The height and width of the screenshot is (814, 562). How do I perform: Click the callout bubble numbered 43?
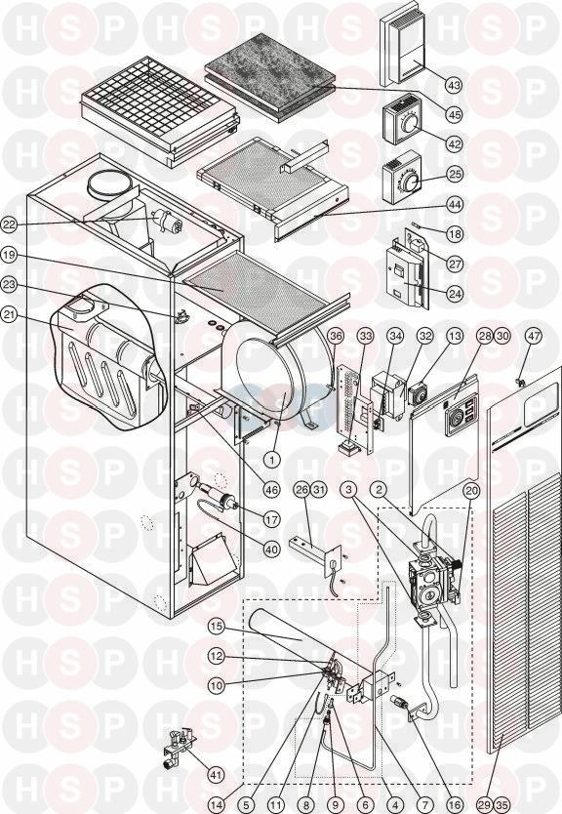(x=455, y=85)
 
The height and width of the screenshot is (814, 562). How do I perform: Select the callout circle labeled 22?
(x=10, y=224)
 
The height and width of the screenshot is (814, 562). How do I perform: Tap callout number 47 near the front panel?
(x=535, y=336)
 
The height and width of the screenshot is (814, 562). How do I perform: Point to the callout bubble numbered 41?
(x=216, y=775)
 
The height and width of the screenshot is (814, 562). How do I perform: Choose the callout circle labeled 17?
(x=272, y=518)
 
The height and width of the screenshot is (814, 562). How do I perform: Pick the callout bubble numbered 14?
(x=219, y=805)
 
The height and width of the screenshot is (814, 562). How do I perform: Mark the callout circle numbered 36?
(x=337, y=336)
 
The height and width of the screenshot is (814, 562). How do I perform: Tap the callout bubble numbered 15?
(x=217, y=627)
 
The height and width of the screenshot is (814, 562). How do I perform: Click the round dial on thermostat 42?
(x=411, y=125)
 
